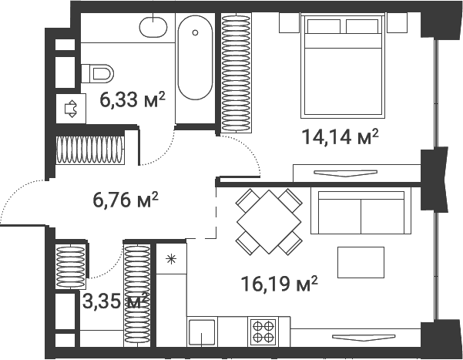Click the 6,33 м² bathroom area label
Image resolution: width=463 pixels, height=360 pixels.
(x=132, y=100)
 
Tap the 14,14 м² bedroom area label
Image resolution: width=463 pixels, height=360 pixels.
(x=340, y=137)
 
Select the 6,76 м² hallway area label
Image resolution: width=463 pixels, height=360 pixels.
(x=126, y=200)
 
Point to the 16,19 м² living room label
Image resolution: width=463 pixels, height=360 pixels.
(x=280, y=284)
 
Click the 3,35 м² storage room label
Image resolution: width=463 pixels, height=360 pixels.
(x=115, y=301)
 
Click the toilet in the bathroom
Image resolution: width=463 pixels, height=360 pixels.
(x=97, y=73)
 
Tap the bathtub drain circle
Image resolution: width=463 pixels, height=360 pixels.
(x=195, y=32)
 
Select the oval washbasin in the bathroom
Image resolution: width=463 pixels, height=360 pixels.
(x=153, y=27)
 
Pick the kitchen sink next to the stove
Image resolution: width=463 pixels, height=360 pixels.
(x=202, y=332)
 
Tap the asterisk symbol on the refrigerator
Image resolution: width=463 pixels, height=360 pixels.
(x=171, y=259)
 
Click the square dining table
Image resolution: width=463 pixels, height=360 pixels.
(x=269, y=222)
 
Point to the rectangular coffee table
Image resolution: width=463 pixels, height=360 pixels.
(x=361, y=262)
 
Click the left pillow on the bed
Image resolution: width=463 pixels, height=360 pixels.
(x=324, y=26)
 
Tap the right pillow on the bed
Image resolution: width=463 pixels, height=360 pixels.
(x=362, y=26)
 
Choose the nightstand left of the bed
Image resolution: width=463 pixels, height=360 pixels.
(x=290, y=22)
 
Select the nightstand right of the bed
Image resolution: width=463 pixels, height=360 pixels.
(x=397, y=22)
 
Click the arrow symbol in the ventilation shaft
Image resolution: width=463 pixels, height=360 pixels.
(x=71, y=109)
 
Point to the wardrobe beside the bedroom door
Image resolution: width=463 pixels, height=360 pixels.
(x=237, y=72)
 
